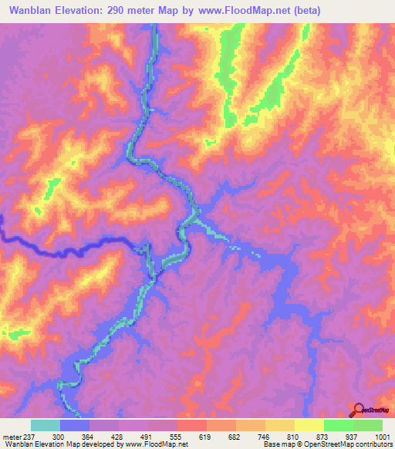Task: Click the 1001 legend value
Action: [383, 436]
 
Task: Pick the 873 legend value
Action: [324, 436]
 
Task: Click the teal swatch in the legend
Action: [46, 425]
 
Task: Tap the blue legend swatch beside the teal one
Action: [75, 425]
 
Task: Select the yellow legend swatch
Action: [309, 425]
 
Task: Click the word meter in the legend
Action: [12, 436]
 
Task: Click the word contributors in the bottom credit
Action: [373, 445]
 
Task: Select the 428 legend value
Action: [120, 436]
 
